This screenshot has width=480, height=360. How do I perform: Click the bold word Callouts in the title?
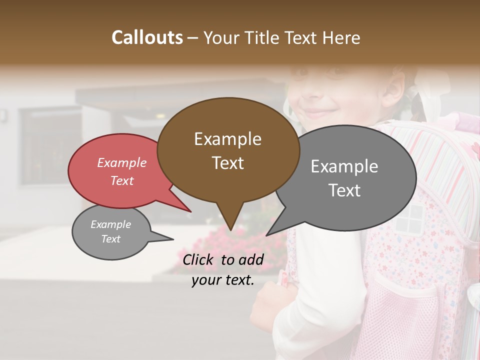tap(147, 37)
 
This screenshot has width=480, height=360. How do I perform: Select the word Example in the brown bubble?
tap(227, 139)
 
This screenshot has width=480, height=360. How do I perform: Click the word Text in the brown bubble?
tap(227, 163)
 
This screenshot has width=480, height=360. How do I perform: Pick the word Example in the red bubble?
tap(121, 162)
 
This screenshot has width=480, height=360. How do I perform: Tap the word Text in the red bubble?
tap(121, 180)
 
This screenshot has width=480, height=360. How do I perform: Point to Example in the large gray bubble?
tap(344, 166)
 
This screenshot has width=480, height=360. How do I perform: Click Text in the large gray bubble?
tap(344, 190)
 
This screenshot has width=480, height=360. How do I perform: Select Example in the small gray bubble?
tap(110, 224)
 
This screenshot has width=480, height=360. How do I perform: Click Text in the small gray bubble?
tap(110, 239)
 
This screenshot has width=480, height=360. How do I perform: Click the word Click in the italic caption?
tap(198, 259)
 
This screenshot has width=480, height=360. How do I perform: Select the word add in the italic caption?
tap(251, 259)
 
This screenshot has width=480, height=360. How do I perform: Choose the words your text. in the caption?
tap(222, 280)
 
